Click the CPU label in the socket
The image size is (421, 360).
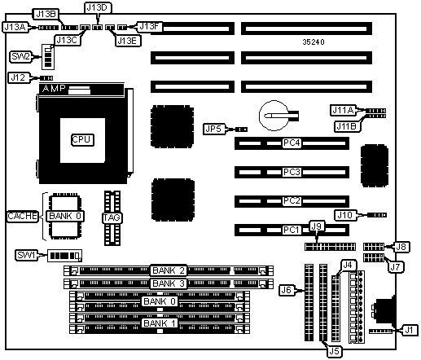tap(82, 140)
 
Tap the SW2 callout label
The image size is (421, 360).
tap(20, 56)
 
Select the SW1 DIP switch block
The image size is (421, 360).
tap(64, 256)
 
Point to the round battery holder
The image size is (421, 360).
tap(274, 116)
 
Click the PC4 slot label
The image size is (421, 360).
tap(292, 143)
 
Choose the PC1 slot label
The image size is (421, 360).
tap(292, 230)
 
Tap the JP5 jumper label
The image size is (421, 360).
tap(214, 129)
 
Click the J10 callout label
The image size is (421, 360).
tap(345, 215)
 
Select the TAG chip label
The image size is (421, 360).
tap(112, 217)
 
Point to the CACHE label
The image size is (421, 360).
tap(23, 216)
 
